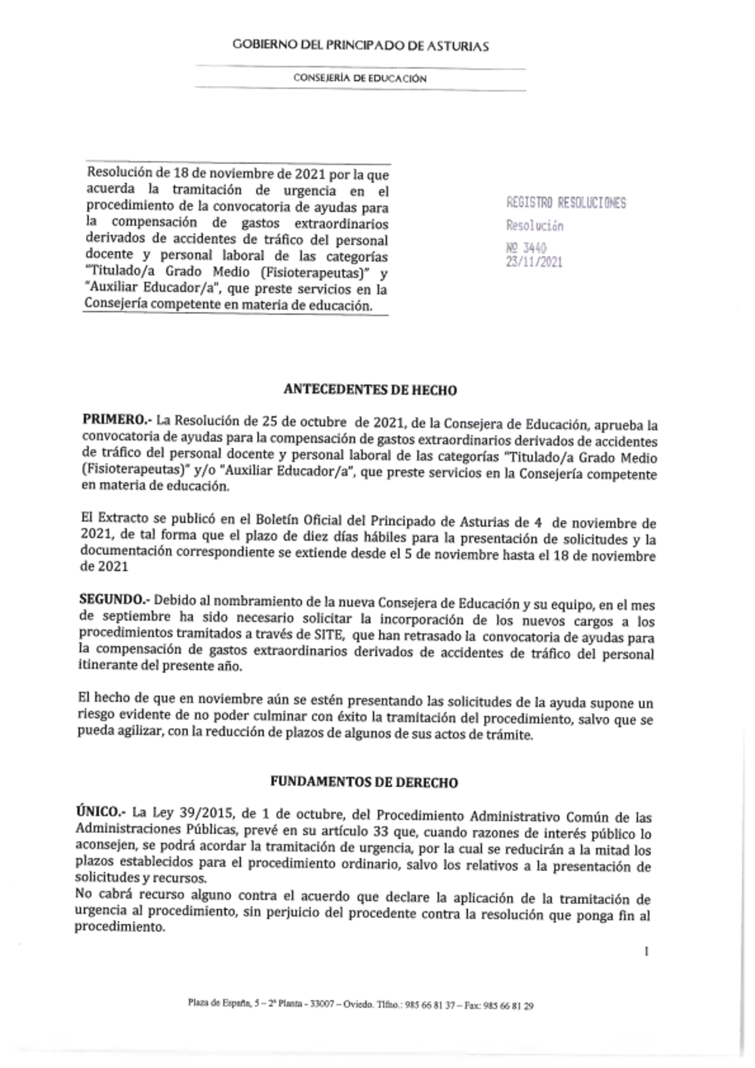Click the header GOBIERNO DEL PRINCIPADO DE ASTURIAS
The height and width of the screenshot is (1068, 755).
(x=360, y=46)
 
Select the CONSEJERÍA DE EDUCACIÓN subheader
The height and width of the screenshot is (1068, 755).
(x=360, y=79)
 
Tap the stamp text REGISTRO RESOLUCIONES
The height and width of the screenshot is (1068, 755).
(x=566, y=203)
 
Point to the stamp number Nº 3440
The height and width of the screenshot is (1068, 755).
(x=525, y=248)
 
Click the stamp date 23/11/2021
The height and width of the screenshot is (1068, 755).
(x=534, y=262)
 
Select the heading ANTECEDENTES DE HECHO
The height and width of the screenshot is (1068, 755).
(x=370, y=390)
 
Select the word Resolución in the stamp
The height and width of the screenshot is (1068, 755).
(x=535, y=226)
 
